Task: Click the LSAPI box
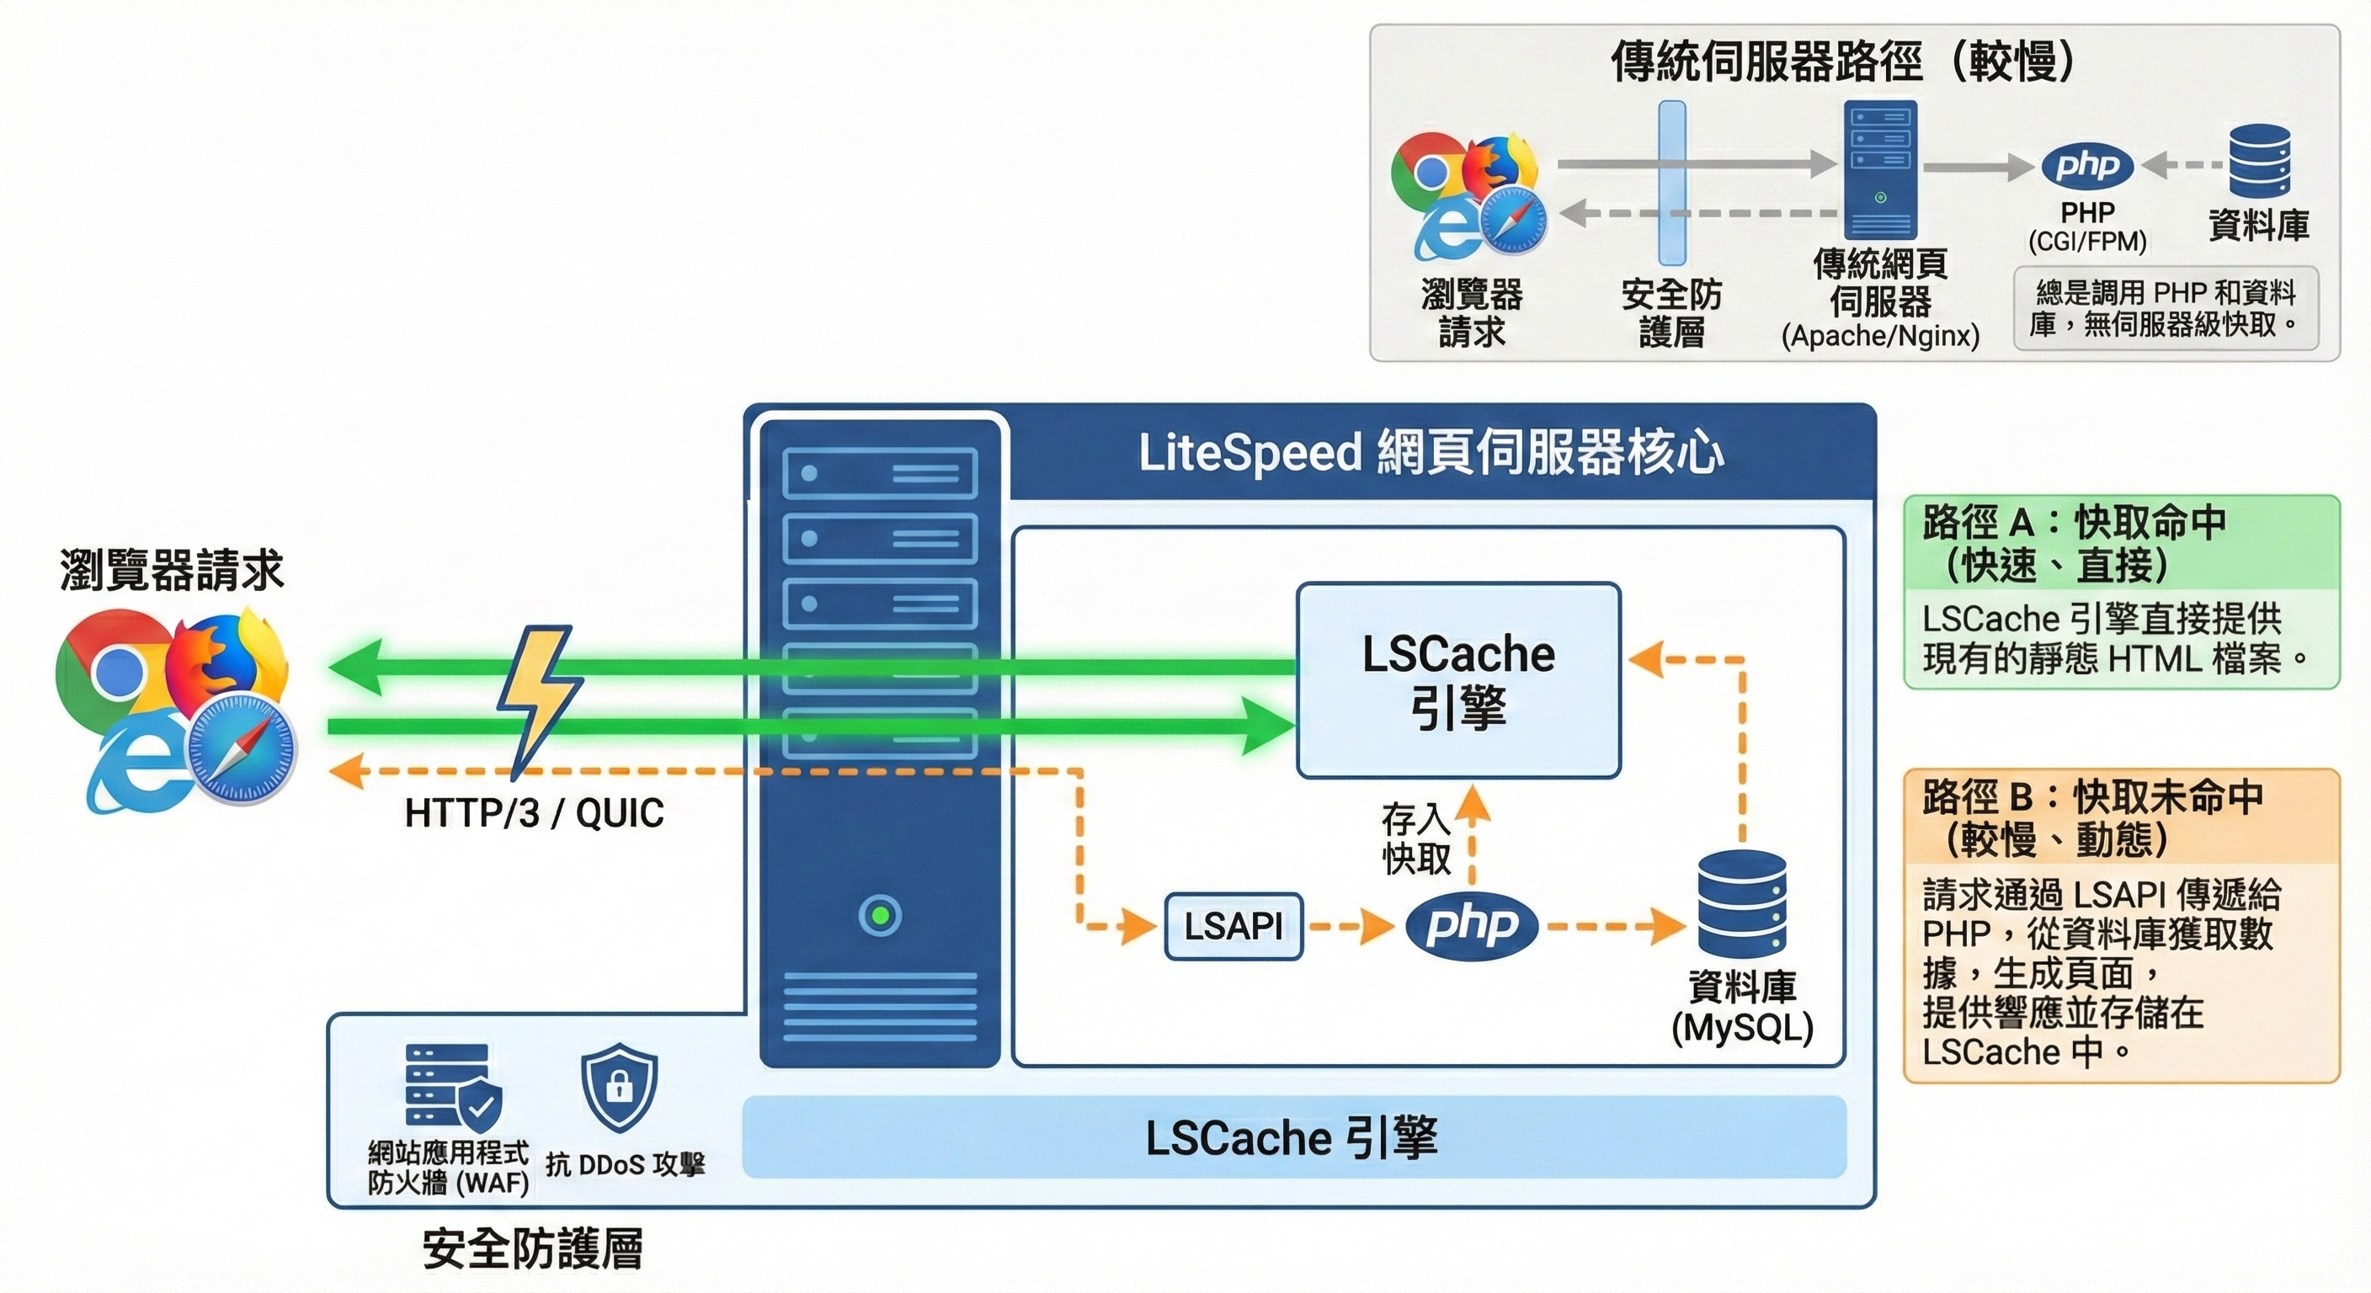point(1233,926)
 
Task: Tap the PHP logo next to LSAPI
point(1471,925)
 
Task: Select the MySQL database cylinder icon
point(1741,904)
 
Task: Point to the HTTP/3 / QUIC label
point(534,813)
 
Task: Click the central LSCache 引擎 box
point(1458,680)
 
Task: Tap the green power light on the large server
point(880,915)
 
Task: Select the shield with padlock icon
point(620,1088)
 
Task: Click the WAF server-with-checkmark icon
point(452,1086)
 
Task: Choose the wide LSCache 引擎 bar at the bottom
point(1293,1137)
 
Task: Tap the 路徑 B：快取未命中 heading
point(2091,797)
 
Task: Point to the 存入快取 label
point(1415,838)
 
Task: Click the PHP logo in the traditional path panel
point(2086,167)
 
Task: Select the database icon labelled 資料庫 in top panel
point(2259,162)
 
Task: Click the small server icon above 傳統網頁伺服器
point(1879,169)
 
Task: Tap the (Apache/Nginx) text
point(1879,336)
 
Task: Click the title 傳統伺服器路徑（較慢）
point(1843,61)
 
